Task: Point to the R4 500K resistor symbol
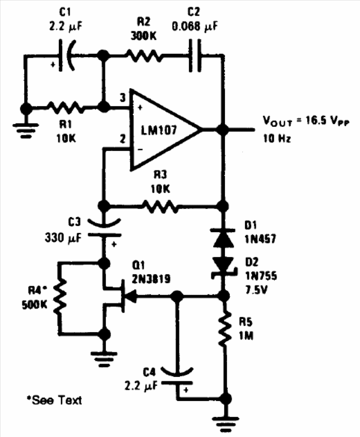coord(59,297)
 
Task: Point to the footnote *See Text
coord(54,400)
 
